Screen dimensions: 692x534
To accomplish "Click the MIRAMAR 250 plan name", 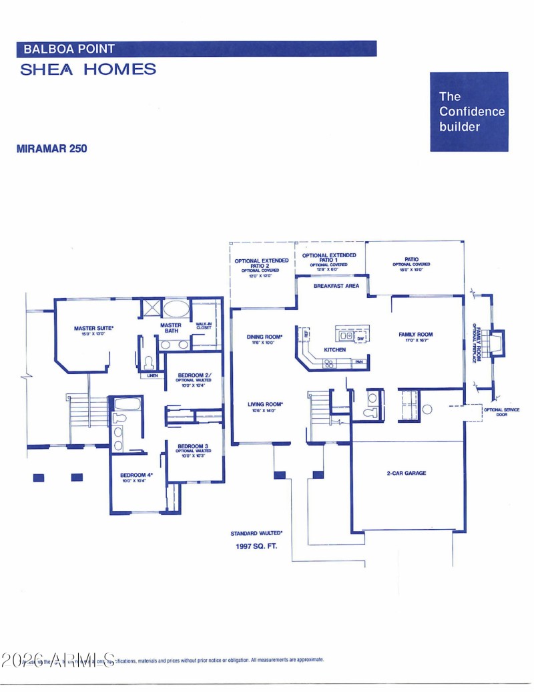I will (51, 148).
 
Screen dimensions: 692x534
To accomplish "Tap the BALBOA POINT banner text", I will (69, 49).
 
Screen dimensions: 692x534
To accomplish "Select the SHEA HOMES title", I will (88, 69).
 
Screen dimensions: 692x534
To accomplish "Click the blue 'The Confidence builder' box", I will (469, 112).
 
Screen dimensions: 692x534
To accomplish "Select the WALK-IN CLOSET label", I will (204, 326).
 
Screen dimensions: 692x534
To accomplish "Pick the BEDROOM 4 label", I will (136, 477).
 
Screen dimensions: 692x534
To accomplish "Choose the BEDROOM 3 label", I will (193, 448).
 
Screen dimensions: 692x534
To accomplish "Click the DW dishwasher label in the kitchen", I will (360, 339).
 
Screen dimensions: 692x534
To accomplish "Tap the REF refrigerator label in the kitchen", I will (306, 333).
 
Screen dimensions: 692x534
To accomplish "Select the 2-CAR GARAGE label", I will (406, 473).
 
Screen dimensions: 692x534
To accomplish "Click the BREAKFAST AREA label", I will (336, 286).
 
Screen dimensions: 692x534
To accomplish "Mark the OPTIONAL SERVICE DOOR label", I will (501, 412).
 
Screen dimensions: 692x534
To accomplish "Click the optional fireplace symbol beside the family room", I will (495, 341).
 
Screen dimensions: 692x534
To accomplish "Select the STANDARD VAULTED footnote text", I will (256, 533).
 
